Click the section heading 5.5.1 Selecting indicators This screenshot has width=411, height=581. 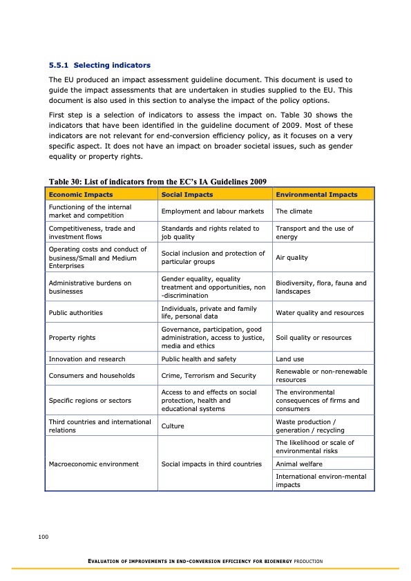99,66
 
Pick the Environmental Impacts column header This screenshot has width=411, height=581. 316,194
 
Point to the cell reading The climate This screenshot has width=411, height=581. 294,211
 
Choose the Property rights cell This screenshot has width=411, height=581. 72,338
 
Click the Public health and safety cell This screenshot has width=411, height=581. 198,359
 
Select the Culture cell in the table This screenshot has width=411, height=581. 173,426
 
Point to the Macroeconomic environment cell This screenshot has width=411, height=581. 93,464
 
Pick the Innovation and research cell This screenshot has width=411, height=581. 87,359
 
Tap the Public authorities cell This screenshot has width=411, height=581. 75,313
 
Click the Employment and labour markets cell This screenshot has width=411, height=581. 213,211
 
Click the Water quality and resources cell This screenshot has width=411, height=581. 320,313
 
